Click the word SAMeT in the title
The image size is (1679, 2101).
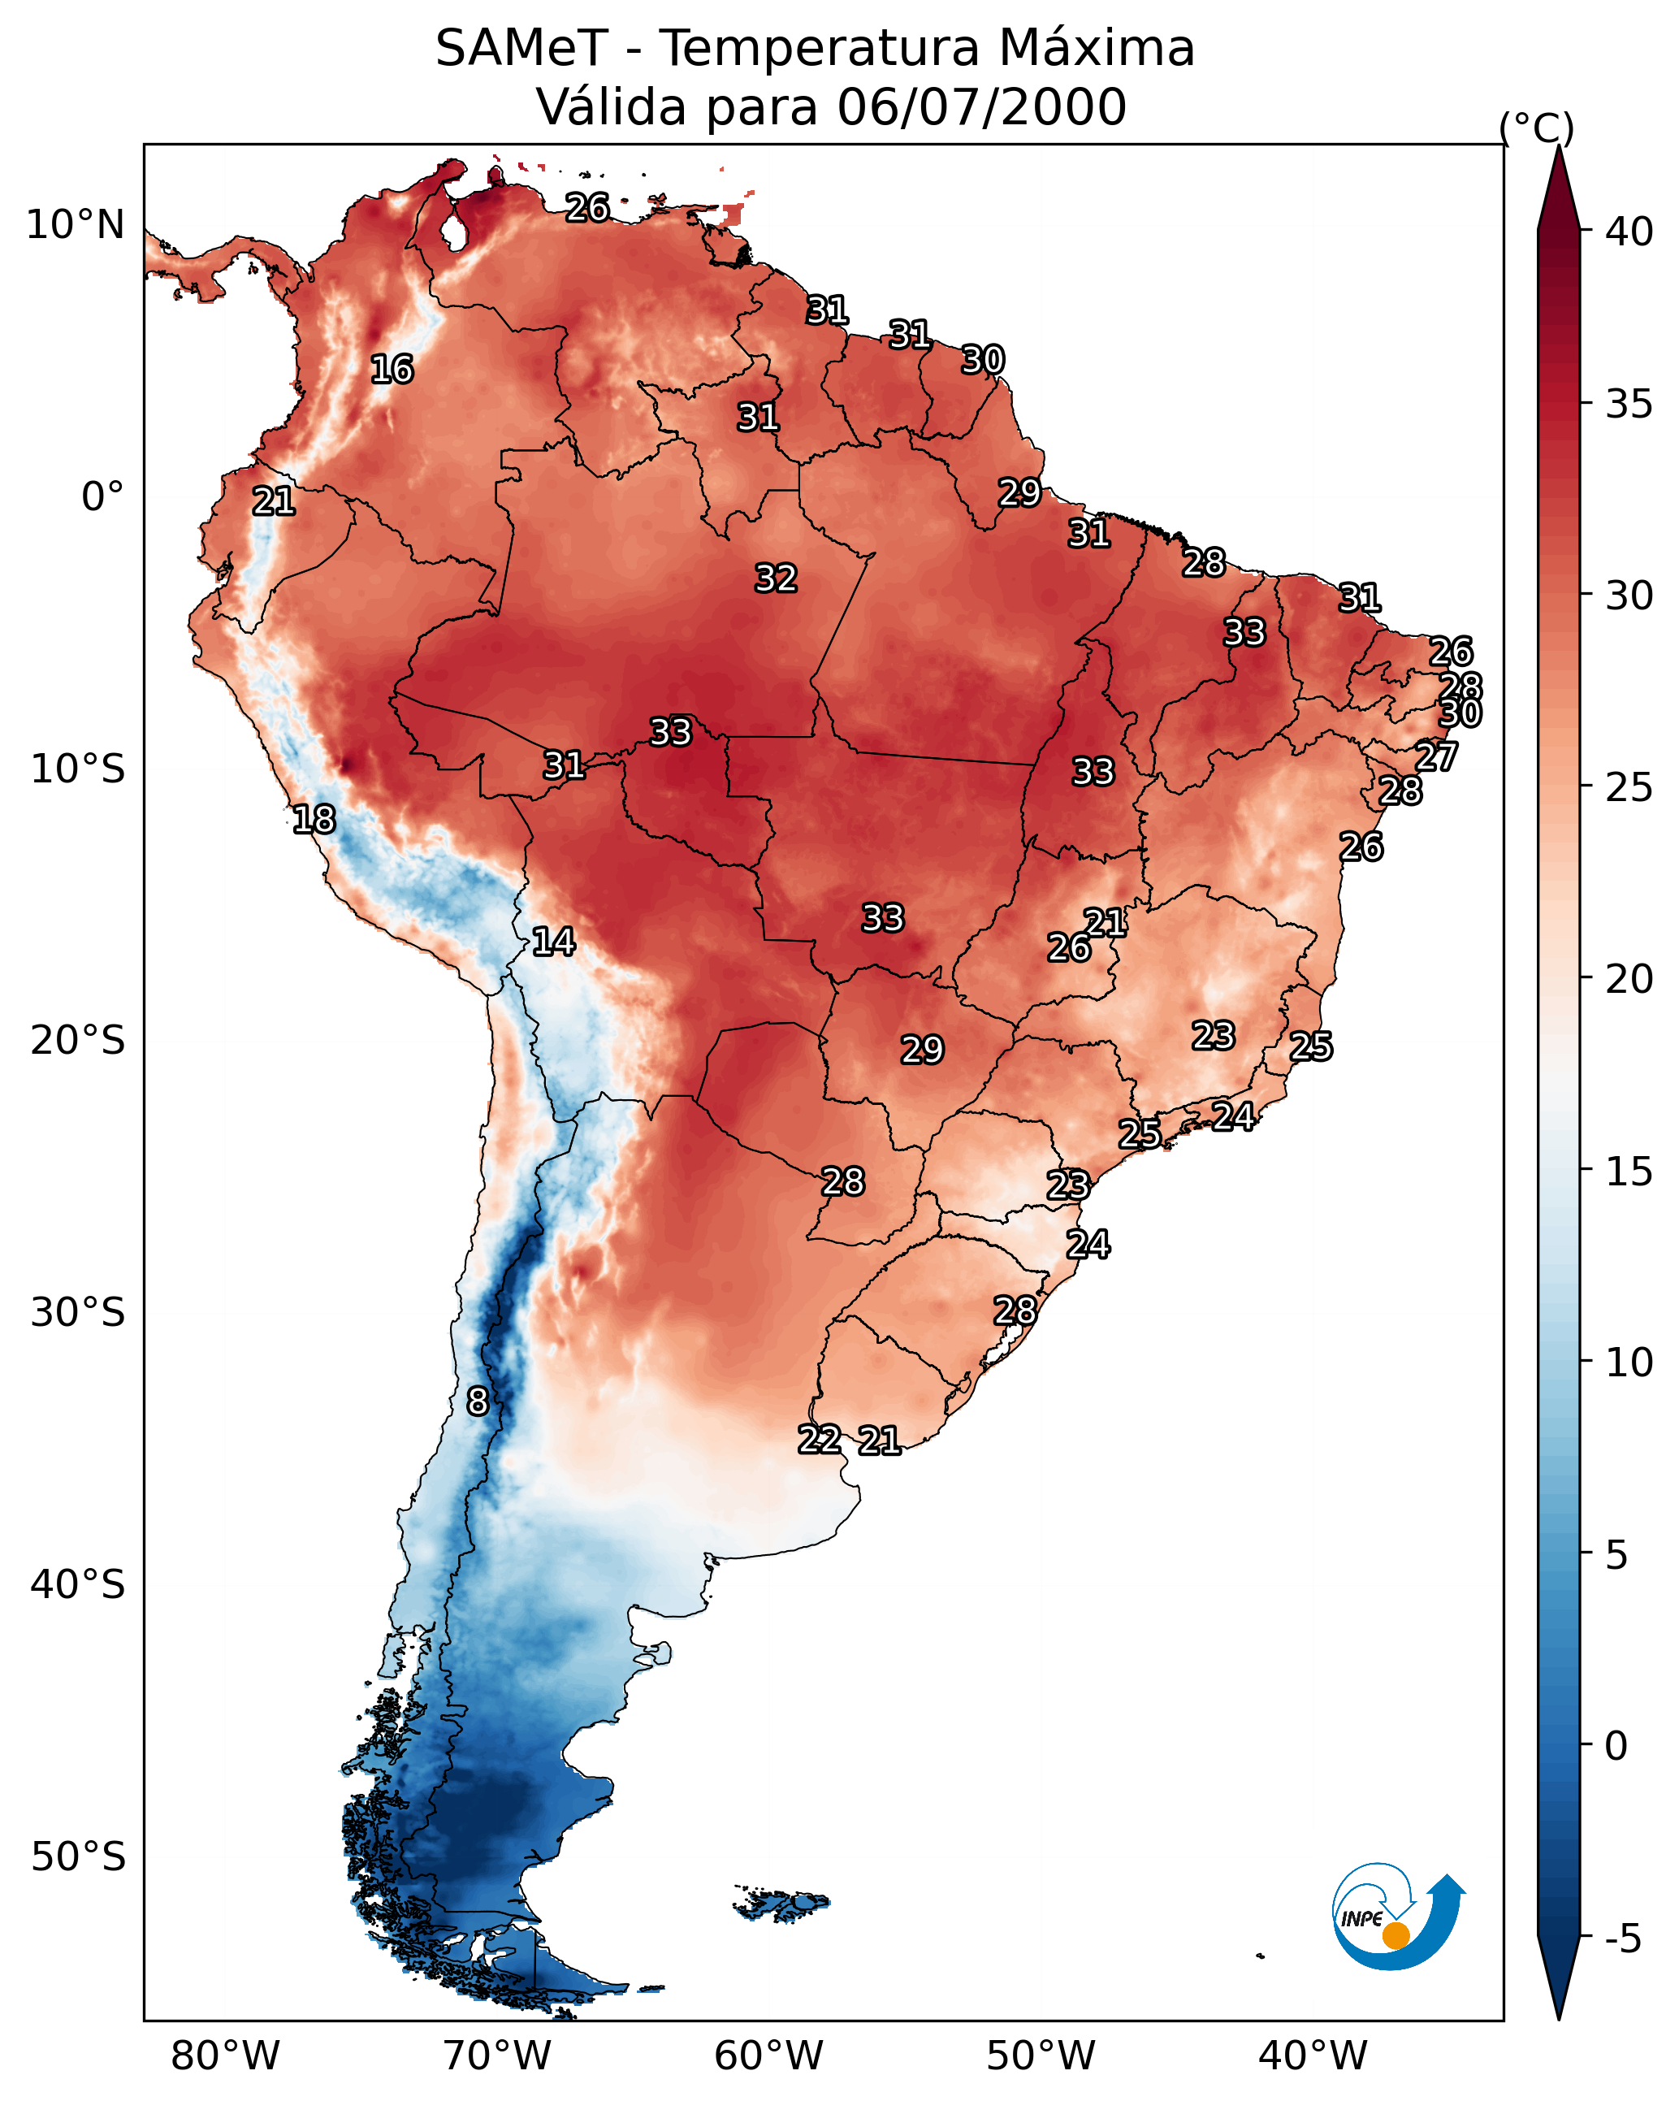[522, 49]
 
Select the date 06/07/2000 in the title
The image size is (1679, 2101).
[981, 107]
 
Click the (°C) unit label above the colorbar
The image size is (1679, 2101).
[1536, 128]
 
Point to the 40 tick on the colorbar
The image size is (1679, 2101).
[1629, 232]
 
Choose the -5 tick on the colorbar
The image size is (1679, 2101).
[1624, 1939]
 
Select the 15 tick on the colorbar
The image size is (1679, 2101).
[1629, 1172]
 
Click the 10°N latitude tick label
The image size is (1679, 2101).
[75, 225]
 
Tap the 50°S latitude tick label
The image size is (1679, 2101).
[78, 1857]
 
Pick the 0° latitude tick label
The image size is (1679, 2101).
[102, 497]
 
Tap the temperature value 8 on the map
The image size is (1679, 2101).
[478, 1401]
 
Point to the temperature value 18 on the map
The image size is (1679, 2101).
[314, 820]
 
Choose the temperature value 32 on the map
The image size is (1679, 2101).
[776, 578]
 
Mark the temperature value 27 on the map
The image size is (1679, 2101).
[1436, 756]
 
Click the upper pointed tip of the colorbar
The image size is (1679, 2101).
[1558, 146]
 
